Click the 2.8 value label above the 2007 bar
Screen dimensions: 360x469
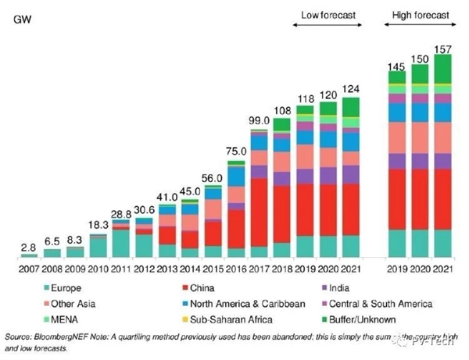[x=28, y=246]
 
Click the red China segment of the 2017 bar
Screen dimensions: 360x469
[x=258, y=211]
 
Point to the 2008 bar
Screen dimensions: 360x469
[x=52, y=253]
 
